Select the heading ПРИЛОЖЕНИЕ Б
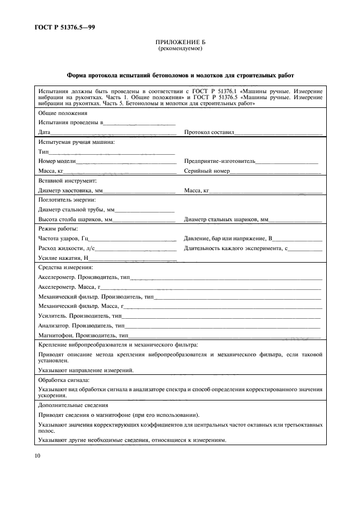[x=180, y=42]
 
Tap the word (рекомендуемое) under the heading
[x=180, y=48]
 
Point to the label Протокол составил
[x=209, y=132]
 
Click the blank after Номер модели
[x=126, y=161]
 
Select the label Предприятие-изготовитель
[x=219, y=161]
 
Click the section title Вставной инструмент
[x=67, y=180]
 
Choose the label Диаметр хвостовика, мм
[x=70, y=191]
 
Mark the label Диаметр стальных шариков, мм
[x=227, y=220]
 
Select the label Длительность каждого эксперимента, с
[x=235, y=248]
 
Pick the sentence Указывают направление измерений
[x=86, y=370]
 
